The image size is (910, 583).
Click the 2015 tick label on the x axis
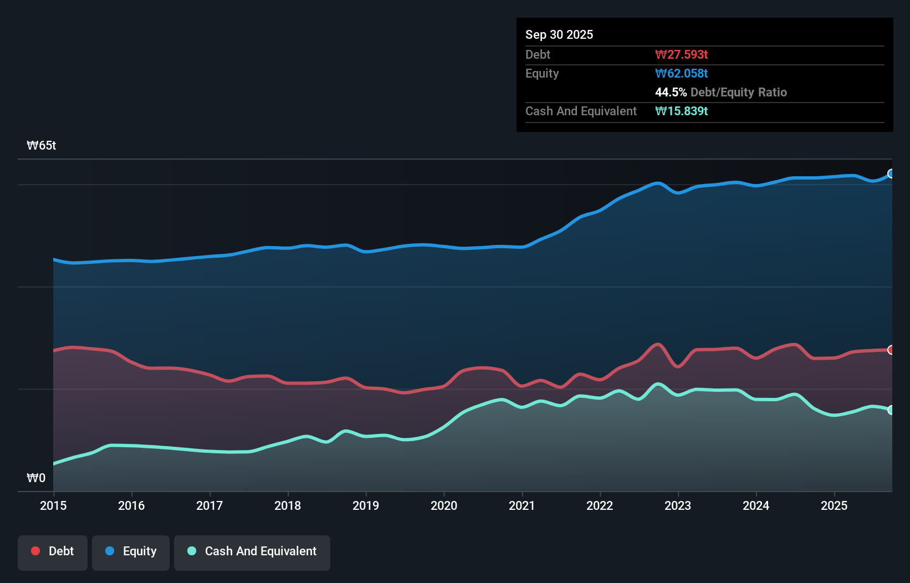(53, 505)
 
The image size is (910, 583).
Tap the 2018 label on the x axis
(288, 505)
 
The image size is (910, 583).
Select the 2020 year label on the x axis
(444, 505)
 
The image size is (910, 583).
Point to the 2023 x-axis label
(678, 505)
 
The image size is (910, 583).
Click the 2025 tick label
(834, 505)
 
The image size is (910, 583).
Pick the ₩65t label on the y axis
(42, 146)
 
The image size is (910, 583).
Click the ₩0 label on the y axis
(36, 478)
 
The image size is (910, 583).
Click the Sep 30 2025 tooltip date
(559, 35)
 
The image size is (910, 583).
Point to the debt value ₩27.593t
(681, 55)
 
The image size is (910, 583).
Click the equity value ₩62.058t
(681, 74)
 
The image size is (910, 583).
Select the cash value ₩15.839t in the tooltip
(681, 111)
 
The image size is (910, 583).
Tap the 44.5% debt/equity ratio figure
(671, 93)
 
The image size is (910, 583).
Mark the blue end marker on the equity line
(891, 173)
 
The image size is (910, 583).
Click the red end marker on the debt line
(891, 350)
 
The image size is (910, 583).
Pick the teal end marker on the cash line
(891, 410)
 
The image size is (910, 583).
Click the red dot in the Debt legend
(35, 551)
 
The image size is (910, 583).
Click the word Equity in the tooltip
(541, 74)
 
